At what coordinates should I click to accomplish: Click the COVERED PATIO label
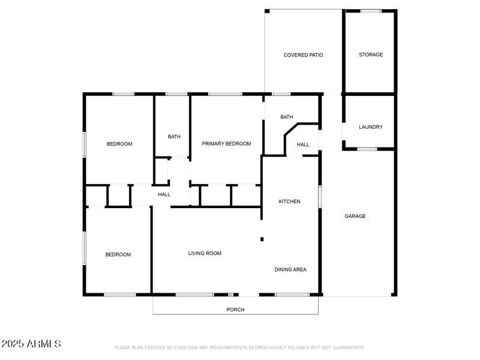[x=303, y=55]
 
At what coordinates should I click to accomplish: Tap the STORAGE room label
[x=371, y=55]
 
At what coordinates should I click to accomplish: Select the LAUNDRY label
[x=371, y=127]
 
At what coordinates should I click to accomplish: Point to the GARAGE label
[x=355, y=216]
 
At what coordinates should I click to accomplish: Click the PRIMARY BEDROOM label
[x=226, y=143]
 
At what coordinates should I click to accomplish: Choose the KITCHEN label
[x=289, y=202]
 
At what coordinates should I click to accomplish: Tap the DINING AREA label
[x=290, y=269]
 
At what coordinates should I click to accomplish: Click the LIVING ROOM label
[x=205, y=253]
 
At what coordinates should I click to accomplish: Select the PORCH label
[x=235, y=310]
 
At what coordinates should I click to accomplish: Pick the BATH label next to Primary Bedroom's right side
[x=287, y=117]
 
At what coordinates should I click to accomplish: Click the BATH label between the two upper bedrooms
[x=174, y=137]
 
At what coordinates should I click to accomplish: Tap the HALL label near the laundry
[x=303, y=145]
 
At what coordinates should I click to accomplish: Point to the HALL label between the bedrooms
[x=164, y=194]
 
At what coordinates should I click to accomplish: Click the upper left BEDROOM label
[x=119, y=144]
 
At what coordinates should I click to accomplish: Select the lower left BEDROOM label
[x=118, y=254]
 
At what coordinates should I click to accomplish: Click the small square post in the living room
[x=262, y=239]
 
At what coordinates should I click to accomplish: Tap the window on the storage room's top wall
[x=371, y=11]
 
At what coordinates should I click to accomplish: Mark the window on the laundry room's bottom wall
[x=367, y=149]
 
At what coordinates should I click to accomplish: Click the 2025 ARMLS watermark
[x=31, y=344]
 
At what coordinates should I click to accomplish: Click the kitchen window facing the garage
[x=320, y=197]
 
